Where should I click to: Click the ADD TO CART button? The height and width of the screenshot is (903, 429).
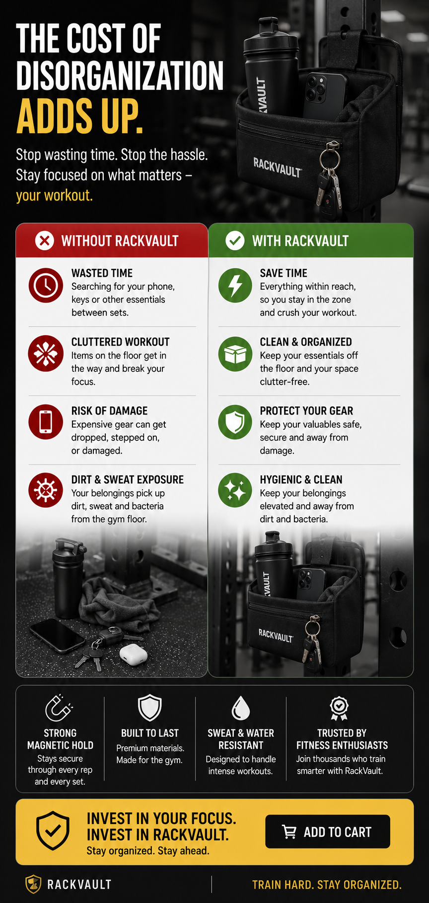[x=328, y=832]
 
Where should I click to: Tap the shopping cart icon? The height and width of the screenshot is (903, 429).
[x=289, y=832]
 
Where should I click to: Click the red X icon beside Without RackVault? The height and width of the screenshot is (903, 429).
[x=45, y=241]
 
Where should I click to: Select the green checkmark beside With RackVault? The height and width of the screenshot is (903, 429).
[x=235, y=241]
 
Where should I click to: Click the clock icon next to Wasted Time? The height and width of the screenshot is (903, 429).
[x=46, y=285]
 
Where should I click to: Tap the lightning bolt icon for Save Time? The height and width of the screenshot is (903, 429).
[x=235, y=285]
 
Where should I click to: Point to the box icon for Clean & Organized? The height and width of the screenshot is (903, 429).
[x=235, y=354]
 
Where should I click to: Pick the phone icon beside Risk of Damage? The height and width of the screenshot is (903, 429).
[x=46, y=422]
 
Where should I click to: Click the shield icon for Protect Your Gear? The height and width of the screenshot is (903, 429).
[x=235, y=422]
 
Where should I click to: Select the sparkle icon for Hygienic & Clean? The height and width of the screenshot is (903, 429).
[x=235, y=490]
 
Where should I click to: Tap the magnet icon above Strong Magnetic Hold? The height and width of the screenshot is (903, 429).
[x=59, y=708]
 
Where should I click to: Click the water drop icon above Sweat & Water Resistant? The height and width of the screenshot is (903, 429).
[x=241, y=708]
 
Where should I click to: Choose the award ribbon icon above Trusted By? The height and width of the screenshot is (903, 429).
[x=340, y=709]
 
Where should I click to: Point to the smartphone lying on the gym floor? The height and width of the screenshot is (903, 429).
[x=58, y=635]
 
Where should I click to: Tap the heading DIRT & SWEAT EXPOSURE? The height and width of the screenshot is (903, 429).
[x=128, y=480]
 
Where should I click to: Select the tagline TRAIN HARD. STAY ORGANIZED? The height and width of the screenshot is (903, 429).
[x=327, y=885]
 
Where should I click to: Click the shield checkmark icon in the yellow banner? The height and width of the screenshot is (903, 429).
[x=53, y=831]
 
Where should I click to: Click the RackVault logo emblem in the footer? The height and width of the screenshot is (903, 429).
[x=33, y=884]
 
